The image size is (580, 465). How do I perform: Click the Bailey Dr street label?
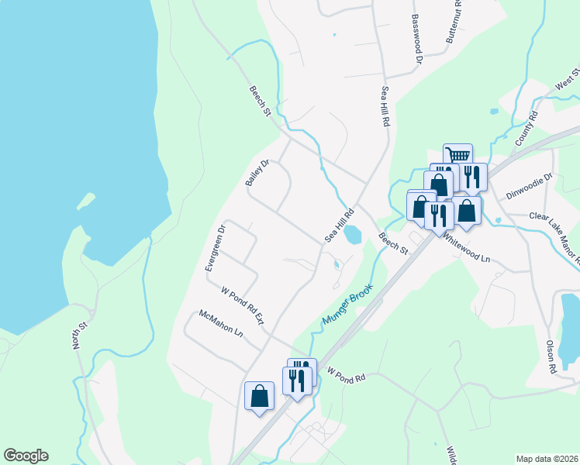(257, 172)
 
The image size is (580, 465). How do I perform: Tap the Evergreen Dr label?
(214, 248)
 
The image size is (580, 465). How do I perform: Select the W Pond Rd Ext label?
(243, 306)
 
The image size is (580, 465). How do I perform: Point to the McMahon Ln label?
(221, 323)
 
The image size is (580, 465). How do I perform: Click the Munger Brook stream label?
(347, 304)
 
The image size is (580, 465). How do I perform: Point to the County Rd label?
(526, 129)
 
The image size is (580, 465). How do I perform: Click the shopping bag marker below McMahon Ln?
(259, 396)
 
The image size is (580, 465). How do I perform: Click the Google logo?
(26, 456)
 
